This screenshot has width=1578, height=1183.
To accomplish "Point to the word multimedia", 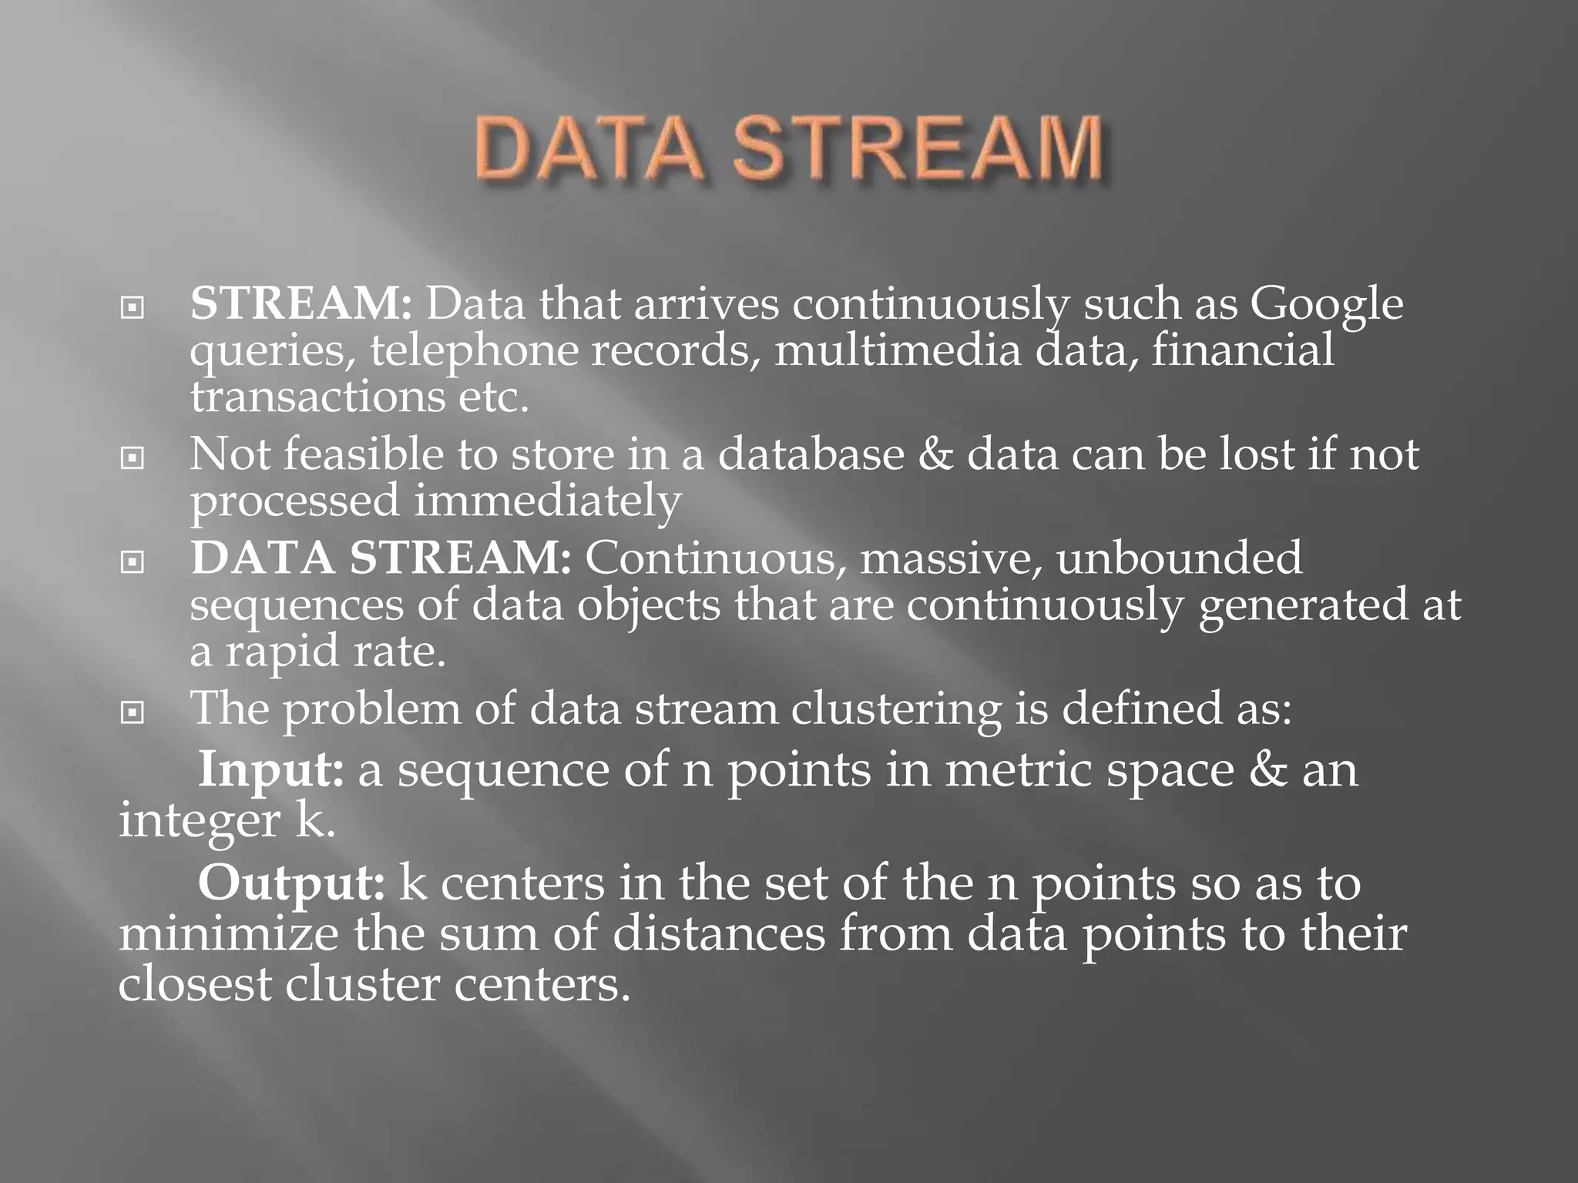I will pyautogui.click(x=898, y=350).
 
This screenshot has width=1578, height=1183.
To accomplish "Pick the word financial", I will pyautogui.click(x=1243, y=350).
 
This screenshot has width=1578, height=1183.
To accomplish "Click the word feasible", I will pyautogui.click(x=362, y=454).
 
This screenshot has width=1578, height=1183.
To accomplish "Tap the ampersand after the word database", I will pyautogui.click(x=935, y=454).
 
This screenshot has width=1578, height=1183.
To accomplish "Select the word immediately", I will pyautogui.click(x=547, y=501).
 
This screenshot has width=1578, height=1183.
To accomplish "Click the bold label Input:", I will pyautogui.click(x=270, y=771).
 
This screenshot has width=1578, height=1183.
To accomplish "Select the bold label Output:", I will pyautogui.click(x=290, y=883).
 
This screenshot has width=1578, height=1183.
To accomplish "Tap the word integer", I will pyautogui.click(x=199, y=822).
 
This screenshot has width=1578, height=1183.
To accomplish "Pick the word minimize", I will pyautogui.click(x=228, y=934).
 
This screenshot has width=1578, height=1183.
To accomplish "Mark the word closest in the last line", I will pyautogui.click(x=195, y=984).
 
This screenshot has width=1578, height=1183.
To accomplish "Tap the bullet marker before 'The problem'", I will pyautogui.click(x=133, y=713).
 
